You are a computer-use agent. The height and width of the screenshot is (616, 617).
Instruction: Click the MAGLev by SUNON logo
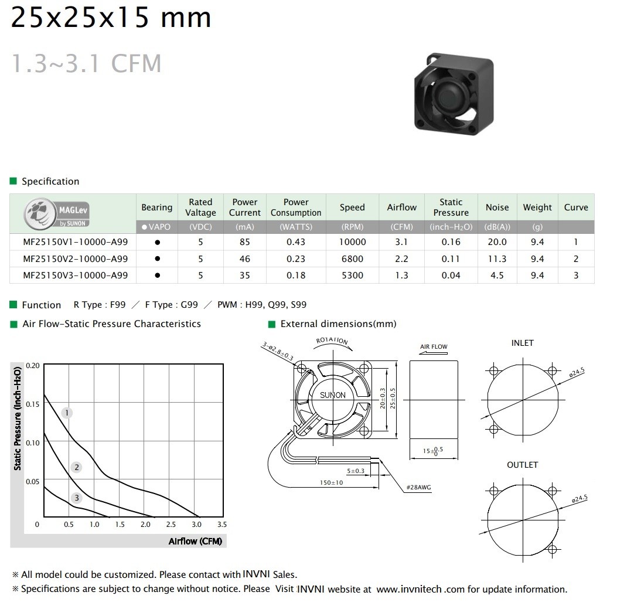point(57,214)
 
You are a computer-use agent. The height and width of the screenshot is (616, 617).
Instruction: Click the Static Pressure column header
point(451,207)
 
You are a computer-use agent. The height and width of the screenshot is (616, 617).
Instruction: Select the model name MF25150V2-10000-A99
point(75,259)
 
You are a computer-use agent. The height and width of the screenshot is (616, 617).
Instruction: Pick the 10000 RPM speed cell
point(353,242)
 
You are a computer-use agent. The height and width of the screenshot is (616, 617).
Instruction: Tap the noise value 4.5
point(497,275)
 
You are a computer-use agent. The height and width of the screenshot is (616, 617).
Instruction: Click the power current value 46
point(245,259)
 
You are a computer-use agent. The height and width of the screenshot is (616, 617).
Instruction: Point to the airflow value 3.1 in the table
point(401,242)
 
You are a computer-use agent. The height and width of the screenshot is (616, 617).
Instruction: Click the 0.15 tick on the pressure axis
point(33,404)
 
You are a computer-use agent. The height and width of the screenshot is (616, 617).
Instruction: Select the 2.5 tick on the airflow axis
point(171,525)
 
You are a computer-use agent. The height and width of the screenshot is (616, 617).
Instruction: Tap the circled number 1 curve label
point(67,413)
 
